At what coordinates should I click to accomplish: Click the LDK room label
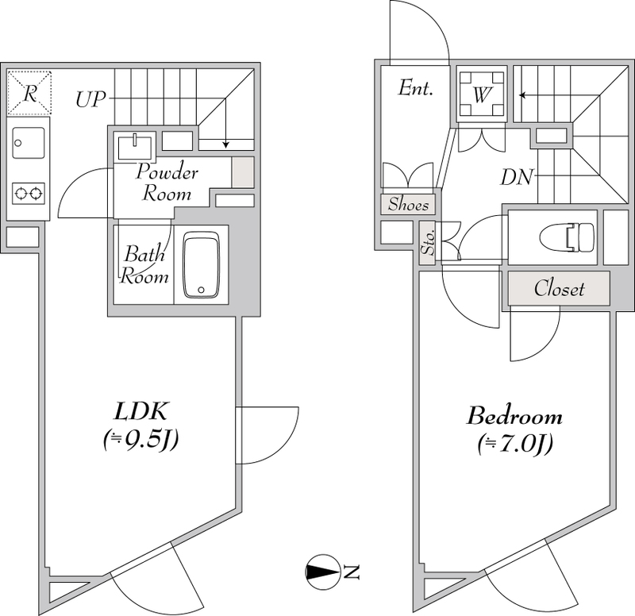point(140,412)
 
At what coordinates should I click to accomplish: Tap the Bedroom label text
point(514,416)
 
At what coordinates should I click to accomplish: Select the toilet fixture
point(566,237)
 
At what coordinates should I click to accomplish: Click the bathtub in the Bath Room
point(200,265)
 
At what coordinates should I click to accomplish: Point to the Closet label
point(559,288)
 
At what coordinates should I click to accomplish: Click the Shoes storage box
point(409,205)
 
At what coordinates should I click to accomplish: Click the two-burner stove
point(29,191)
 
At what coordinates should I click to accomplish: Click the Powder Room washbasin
point(134,146)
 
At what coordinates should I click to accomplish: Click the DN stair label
point(517,176)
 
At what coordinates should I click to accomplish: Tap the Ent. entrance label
point(416,87)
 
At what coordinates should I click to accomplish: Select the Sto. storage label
point(427,243)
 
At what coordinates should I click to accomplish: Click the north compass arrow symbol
point(322,571)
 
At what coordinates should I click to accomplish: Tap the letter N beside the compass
point(352,571)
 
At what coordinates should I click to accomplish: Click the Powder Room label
point(166,183)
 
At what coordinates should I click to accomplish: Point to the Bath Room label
point(144,265)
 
